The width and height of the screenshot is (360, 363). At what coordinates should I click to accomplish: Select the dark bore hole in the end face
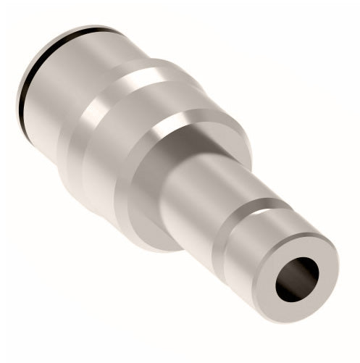coord(297,279)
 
